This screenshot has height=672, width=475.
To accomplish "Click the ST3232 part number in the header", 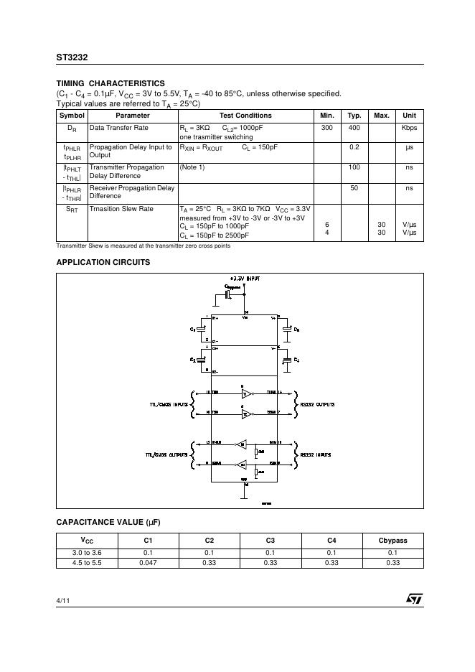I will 72,57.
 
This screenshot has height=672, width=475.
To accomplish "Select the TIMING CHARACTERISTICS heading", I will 110,83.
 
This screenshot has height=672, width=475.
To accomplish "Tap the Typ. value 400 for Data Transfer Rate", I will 354,128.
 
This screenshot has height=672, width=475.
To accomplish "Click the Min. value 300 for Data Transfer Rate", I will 327,128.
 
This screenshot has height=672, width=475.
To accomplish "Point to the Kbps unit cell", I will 409,128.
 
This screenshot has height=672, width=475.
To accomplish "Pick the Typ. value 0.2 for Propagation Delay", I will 354,147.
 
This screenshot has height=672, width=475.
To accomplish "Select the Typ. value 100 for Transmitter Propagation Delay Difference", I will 354,167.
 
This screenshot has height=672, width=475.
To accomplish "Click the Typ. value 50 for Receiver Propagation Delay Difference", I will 354,188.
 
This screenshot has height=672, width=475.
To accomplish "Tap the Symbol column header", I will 72,116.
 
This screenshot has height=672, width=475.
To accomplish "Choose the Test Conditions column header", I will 245,116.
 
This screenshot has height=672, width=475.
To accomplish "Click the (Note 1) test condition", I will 192,167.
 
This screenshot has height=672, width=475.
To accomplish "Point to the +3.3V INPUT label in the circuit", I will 245,277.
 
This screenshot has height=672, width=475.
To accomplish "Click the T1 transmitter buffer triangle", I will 243,395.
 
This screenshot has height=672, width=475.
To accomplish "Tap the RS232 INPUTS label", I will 316,455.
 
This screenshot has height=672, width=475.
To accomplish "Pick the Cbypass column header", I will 392,540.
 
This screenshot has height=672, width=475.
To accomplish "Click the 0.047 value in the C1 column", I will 148,563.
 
